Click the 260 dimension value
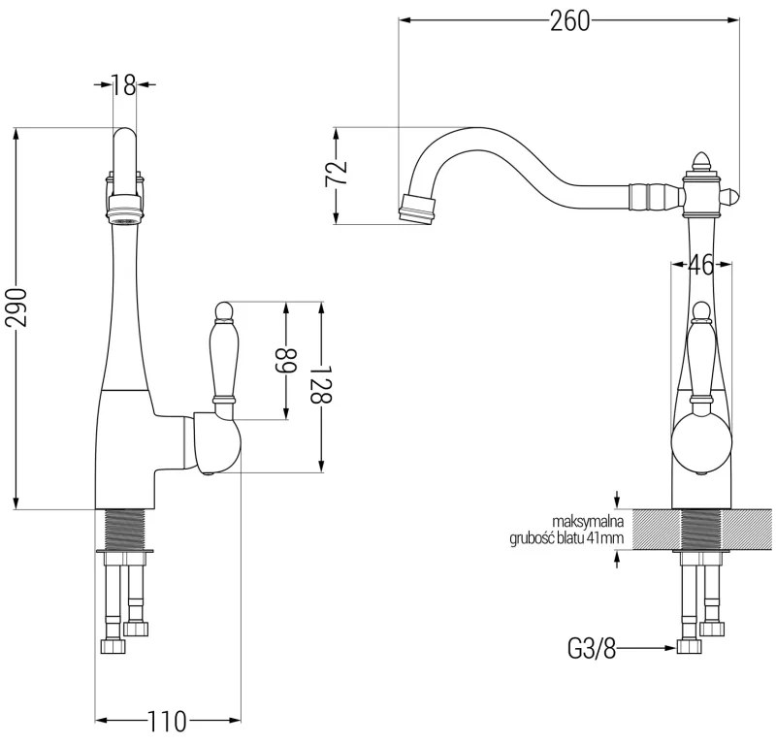tap(569, 20)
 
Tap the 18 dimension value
tap(123, 85)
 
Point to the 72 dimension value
tap(336, 175)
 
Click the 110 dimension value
tap(166, 722)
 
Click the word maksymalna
tap(587, 521)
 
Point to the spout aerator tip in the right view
tap(418, 210)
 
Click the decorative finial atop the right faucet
tap(699, 160)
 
